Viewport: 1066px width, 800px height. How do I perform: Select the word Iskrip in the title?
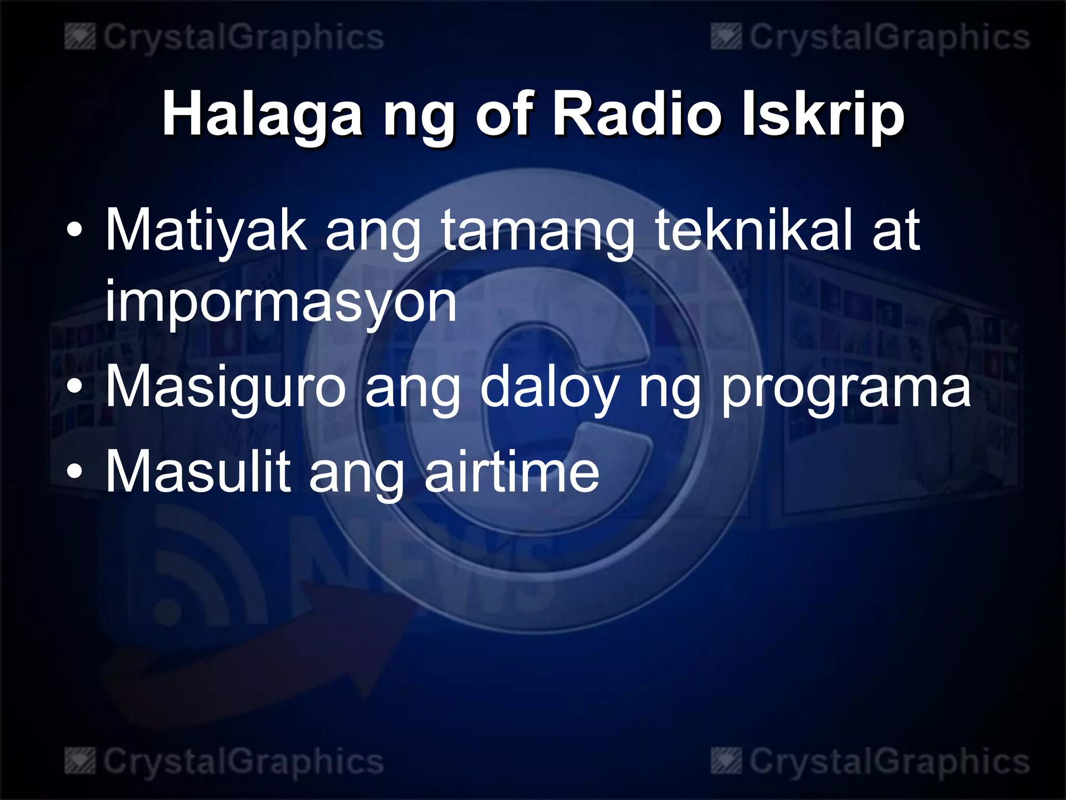(822, 115)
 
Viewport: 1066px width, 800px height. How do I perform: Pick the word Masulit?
(198, 471)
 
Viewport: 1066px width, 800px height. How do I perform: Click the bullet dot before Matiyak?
(75, 230)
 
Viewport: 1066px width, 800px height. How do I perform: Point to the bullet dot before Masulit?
(75, 471)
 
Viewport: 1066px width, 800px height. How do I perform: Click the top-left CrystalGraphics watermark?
(225, 38)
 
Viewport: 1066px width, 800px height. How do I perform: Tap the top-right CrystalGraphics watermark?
(870, 38)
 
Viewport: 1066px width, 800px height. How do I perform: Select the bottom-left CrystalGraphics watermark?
(225, 762)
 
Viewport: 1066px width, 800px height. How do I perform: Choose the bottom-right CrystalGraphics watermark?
(870, 762)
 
